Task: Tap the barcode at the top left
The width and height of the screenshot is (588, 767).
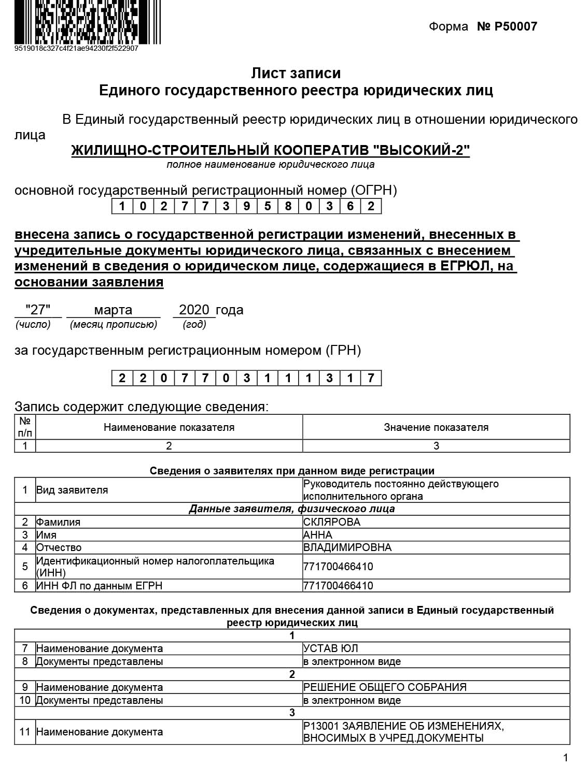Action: (87, 22)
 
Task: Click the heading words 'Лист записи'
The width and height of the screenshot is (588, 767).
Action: (296, 73)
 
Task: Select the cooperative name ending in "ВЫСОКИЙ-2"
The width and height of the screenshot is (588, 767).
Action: (270, 150)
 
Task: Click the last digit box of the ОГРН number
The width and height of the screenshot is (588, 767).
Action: (371, 206)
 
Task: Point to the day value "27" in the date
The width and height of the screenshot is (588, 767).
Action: (38, 310)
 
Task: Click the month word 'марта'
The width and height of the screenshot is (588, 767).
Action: (113, 310)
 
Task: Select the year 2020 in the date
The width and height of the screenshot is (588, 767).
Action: (194, 310)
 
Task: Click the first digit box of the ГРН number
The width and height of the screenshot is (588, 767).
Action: (122, 378)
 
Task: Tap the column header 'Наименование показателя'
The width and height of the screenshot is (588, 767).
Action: (169, 427)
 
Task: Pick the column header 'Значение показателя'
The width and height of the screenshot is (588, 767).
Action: (436, 427)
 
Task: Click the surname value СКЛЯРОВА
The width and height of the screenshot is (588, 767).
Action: (332, 522)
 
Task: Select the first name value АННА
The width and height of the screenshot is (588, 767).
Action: (318, 535)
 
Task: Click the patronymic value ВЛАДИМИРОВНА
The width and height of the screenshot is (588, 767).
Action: (347, 547)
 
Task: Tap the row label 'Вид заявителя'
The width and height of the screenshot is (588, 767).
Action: (72, 490)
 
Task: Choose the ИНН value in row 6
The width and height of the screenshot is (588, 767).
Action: (338, 586)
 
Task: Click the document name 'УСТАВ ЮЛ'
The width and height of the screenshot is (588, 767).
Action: (331, 648)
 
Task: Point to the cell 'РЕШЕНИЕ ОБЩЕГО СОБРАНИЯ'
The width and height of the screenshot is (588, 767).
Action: (385, 687)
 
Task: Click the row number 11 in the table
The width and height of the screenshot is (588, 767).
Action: (25, 732)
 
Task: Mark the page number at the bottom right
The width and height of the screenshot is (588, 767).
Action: (566, 757)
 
